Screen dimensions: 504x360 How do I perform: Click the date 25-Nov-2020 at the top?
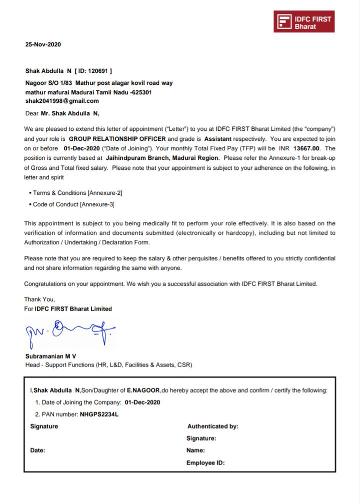pyautogui.click(x=43, y=44)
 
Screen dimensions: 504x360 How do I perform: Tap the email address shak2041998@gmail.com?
pyautogui.click(x=62, y=101)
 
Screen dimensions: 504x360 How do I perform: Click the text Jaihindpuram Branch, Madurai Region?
pyautogui.click(x=162, y=158)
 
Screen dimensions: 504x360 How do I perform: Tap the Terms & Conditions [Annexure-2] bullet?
pyautogui.click(x=77, y=193)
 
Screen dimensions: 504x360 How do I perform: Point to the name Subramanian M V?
pyautogui.click(x=50, y=356)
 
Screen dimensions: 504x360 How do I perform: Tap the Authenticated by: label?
pyautogui.click(x=212, y=427)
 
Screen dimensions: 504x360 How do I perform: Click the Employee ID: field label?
pyautogui.click(x=205, y=463)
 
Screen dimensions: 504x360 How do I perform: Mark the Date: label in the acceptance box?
pyautogui.click(x=38, y=451)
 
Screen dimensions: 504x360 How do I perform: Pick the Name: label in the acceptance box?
pyautogui.click(x=195, y=451)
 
